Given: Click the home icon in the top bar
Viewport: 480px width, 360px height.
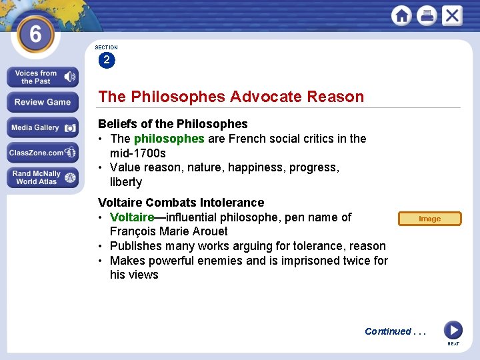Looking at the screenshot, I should [402, 15].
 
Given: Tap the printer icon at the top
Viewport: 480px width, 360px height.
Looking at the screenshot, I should [427, 15].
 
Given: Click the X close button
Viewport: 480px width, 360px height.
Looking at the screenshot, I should [451, 15].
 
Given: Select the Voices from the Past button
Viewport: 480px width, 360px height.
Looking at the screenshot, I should [43, 77].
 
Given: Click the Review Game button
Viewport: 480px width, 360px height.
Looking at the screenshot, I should [43, 102].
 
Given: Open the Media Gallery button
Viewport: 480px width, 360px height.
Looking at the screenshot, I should [43, 127].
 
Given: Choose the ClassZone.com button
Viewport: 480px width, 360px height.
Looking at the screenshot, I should [43, 153].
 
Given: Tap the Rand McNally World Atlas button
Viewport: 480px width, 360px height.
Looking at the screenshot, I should [43, 178].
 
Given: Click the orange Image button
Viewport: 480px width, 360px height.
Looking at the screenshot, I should [429, 219].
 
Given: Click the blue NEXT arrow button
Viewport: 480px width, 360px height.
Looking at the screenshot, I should [453, 330].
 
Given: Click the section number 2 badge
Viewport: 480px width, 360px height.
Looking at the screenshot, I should [106, 60].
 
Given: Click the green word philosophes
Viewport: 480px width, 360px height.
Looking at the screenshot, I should [169, 139].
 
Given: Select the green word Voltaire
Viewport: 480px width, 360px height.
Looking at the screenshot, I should [132, 217].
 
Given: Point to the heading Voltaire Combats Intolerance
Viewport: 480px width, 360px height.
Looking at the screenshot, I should [181, 202].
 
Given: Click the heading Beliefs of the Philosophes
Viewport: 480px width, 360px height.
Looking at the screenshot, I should [173, 124].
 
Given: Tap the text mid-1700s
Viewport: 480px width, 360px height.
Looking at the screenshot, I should [138, 153].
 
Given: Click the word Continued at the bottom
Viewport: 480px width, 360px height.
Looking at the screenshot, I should [387, 331].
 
